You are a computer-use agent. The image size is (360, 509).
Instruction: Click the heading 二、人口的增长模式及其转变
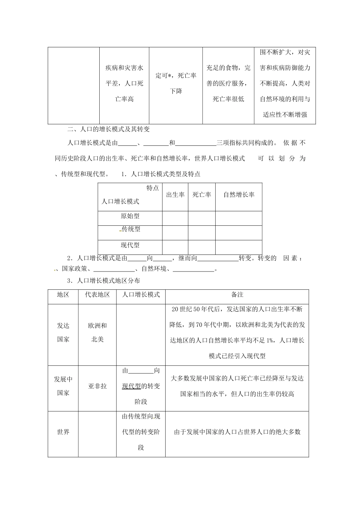pyautogui.click(x=108, y=129)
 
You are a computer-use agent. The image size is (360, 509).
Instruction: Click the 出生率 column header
pyautogui.click(x=175, y=195)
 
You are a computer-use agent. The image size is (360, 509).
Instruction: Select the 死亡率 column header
pyautogui.click(x=202, y=195)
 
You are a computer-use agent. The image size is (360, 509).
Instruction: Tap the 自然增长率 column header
pyautogui.click(x=239, y=195)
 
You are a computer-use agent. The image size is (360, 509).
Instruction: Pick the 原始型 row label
pyautogui.click(x=130, y=216)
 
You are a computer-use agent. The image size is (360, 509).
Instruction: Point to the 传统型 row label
pyautogui.click(x=131, y=229)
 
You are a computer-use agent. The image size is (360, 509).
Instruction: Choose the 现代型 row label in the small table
pyautogui.click(x=130, y=245)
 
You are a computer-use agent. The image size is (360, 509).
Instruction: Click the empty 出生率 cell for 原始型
pyautogui.click(x=175, y=218)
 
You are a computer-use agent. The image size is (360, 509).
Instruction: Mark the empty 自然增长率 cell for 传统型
pyautogui.click(x=239, y=233)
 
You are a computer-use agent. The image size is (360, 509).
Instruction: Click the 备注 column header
pyautogui.click(x=237, y=295)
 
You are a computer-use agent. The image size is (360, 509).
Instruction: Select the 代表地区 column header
pyautogui.click(x=97, y=295)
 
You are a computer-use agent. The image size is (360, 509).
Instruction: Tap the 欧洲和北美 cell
pyautogui.click(x=97, y=333)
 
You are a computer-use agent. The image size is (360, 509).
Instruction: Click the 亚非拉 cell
pyautogui.click(x=97, y=386)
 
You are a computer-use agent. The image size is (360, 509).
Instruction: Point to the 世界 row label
pyautogui.click(x=63, y=432)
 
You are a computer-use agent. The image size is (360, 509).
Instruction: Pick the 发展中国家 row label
pyautogui.click(x=63, y=386)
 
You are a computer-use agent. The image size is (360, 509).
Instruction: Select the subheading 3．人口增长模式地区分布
pyautogui.click(x=103, y=281)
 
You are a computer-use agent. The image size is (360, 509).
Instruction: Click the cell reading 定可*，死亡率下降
pyautogui.click(x=176, y=83)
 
